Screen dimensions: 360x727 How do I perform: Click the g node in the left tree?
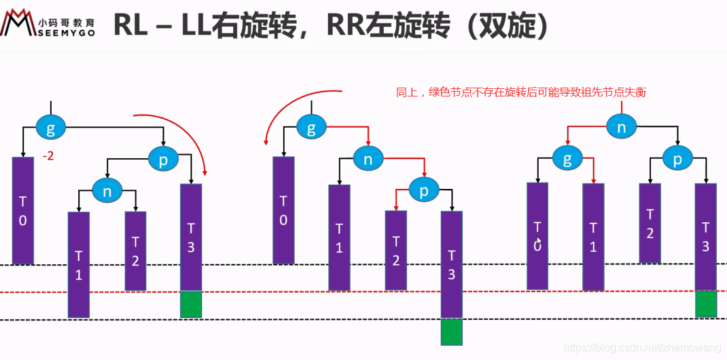(x=50, y=127)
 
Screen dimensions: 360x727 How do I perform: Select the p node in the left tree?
(x=163, y=160)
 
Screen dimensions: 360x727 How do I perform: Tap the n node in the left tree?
(x=107, y=192)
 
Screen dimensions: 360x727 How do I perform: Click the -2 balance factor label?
(x=48, y=156)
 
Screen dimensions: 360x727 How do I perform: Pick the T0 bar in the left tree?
(x=22, y=211)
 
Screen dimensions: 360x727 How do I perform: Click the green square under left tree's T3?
(x=191, y=304)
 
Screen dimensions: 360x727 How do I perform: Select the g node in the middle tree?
(x=311, y=127)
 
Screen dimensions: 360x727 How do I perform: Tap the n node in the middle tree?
(x=368, y=160)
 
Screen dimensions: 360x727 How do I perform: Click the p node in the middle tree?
(x=424, y=192)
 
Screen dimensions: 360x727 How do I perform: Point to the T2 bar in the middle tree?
(x=395, y=250)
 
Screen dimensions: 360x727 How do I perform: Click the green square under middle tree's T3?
(x=451, y=332)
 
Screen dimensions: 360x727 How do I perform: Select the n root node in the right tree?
(x=621, y=127)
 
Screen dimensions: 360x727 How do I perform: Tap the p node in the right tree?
(x=677, y=160)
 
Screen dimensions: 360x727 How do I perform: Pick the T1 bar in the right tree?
(x=593, y=236)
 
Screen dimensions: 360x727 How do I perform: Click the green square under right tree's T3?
(x=706, y=304)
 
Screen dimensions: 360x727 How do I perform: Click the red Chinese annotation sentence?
(x=521, y=93)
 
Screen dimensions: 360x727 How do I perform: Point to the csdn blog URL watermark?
(x=643, y=348)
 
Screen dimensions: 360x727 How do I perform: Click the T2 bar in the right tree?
(x=650, y=223)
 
